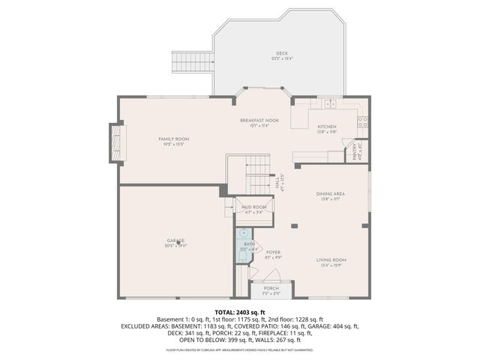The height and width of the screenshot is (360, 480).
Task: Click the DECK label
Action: tap(281, 53)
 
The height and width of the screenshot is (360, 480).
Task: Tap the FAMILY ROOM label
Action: tap(173, 139)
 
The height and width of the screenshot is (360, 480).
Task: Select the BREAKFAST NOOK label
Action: tap(259, 120)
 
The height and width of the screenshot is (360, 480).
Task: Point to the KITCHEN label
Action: tap(326, 127)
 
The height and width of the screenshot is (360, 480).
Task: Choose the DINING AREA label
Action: tap(330, 194)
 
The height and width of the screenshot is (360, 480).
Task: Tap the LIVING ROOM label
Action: tap(330, 259)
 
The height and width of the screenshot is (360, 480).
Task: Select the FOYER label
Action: tap(273, 252)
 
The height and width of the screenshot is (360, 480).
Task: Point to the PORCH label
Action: tap(271, 288)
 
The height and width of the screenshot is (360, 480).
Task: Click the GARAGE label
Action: tap(176, 240)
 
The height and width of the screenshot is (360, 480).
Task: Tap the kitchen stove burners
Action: tap(361, 119)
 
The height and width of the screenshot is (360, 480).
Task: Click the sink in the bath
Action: tap(244, 234)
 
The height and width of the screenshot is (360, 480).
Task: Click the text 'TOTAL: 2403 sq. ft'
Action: tap(240, 312)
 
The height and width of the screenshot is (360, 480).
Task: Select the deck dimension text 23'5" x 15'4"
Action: tap(281, 58)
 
